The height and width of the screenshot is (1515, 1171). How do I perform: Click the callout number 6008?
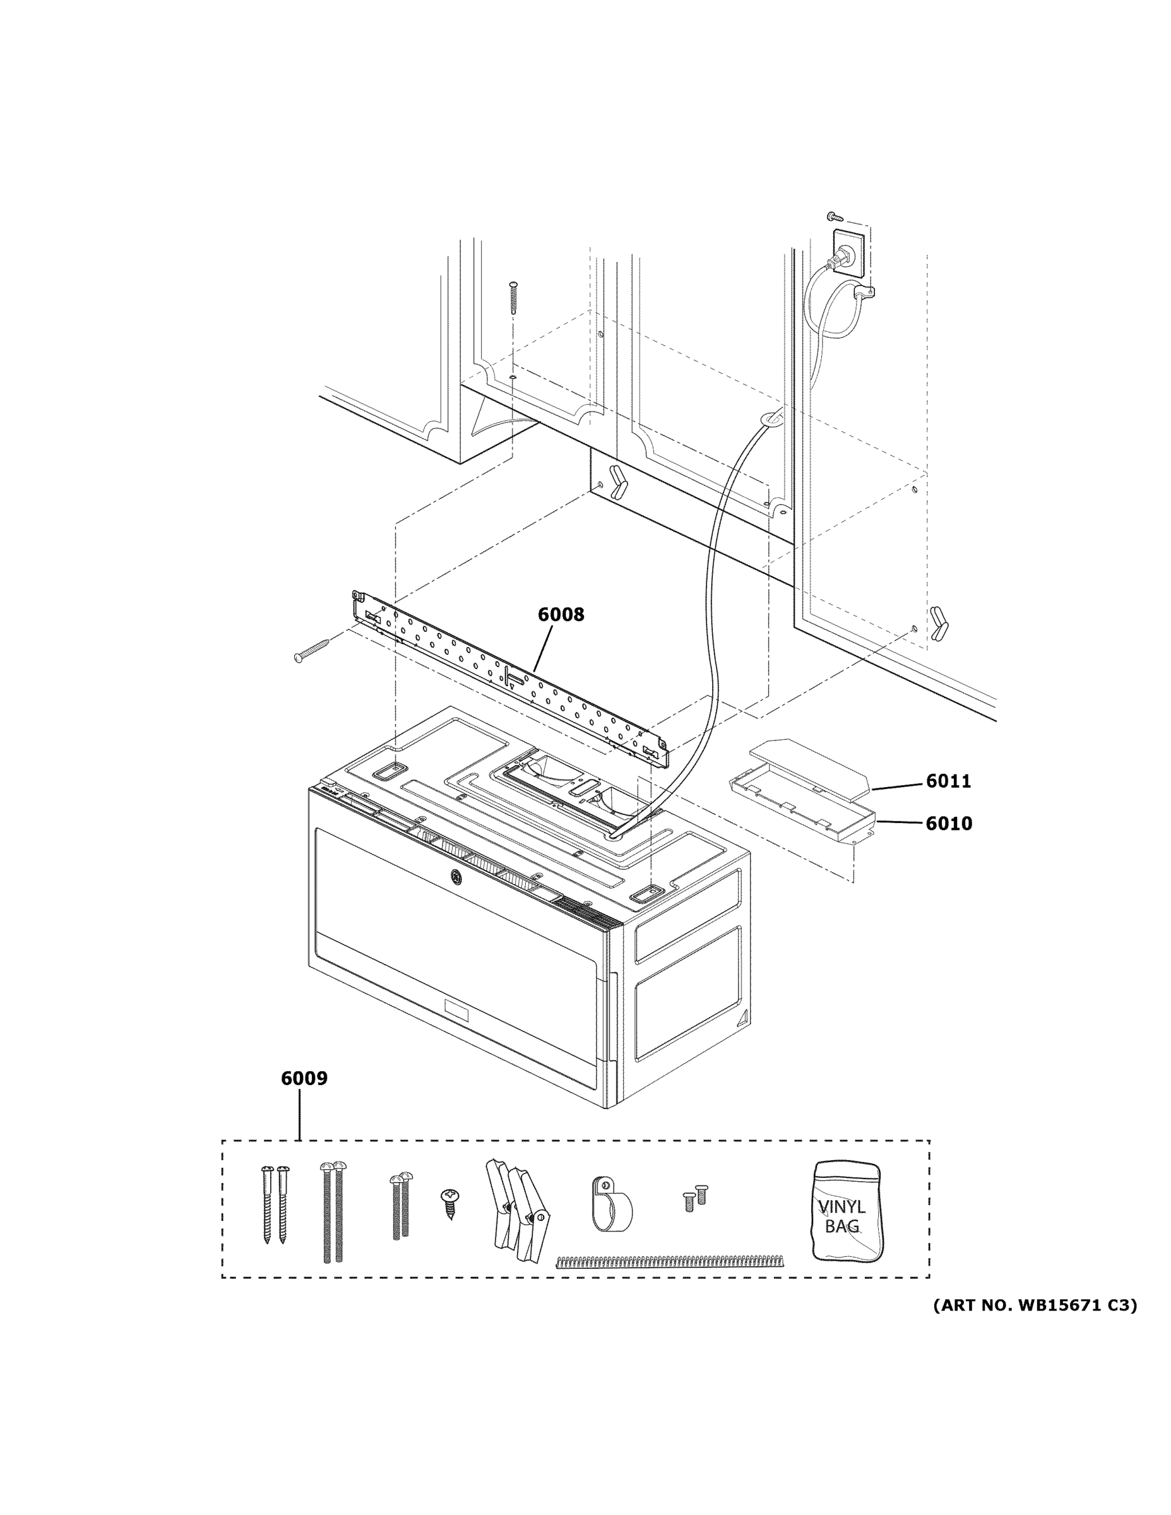[561, 615]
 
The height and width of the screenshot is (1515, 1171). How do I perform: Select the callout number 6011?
[948, 781]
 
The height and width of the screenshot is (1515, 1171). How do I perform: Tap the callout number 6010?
[948, 823]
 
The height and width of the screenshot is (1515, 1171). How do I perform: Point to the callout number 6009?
[304, 1078]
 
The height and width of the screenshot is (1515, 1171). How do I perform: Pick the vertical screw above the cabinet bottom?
[513, 299]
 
